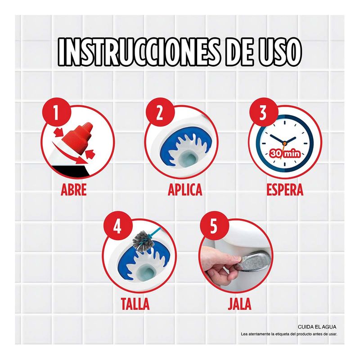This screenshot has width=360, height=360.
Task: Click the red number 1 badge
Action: pos(56,112)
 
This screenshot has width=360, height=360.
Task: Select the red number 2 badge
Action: pos(160,112)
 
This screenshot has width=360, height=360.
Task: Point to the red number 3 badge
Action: pos(264,112)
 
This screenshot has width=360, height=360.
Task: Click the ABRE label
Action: pos(74,190)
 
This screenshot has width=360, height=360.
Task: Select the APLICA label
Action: pos(185,190)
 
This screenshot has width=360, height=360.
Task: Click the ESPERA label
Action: pos(285,190)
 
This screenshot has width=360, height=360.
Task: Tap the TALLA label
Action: pos(135,303)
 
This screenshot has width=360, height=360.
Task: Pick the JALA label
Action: pos(239,303)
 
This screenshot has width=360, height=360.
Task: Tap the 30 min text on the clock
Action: pos(285,153)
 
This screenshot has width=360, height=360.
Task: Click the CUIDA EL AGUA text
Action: pos(317,327)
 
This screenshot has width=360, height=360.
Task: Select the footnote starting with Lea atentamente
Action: pos(289,334)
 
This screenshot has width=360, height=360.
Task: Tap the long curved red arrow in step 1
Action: pos(67,155)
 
